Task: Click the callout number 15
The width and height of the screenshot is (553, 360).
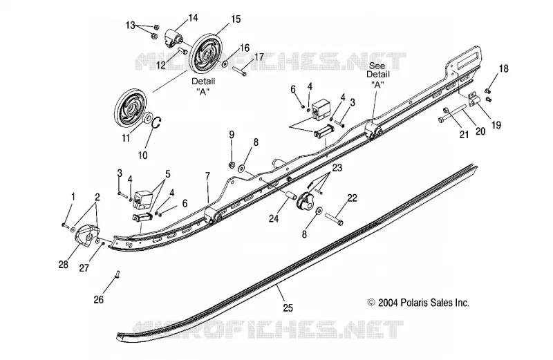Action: pos(236,19)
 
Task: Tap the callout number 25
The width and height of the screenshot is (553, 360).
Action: pos(288,307)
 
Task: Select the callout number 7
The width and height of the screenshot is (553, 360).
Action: pos(207,176)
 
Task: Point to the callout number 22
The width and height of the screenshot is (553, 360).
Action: pos(352,198)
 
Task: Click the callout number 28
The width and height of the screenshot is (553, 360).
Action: pos(64,264)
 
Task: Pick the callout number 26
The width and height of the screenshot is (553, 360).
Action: pos(99,299)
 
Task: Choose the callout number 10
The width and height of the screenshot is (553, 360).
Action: pos(143,155)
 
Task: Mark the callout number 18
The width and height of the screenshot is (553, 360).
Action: pos(504,68)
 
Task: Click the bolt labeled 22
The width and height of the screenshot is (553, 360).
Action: pos(333,218)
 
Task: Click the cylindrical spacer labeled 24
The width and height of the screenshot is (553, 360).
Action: pos(290,195)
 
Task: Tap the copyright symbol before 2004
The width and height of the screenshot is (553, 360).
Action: pos(371,303)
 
